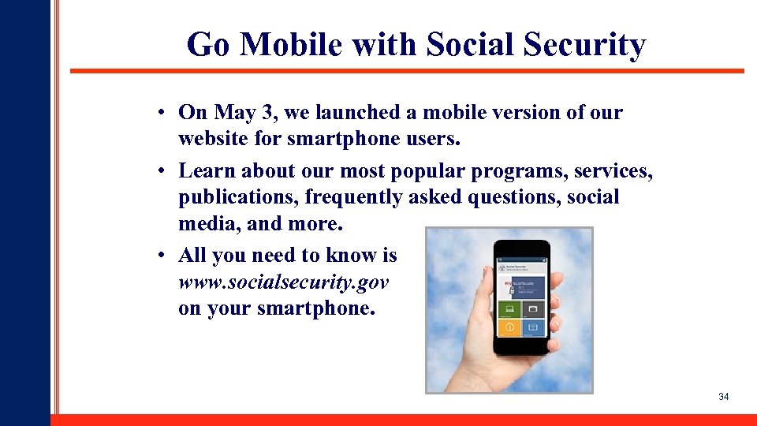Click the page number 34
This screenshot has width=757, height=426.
tap(723, 397)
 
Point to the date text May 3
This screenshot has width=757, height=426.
tap(233, 113)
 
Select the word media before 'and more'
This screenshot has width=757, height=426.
tap(210, 224)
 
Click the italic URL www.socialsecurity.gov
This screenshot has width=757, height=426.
tap(284, 282)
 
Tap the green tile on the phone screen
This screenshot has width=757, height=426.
tap(509, 308)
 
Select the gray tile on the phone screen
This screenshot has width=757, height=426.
tap(533, 308)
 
